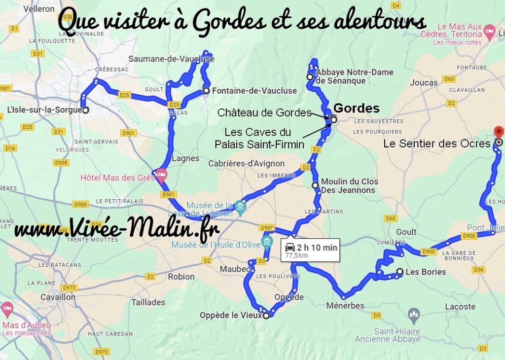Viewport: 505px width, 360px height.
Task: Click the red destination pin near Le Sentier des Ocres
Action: [x=499, y=132]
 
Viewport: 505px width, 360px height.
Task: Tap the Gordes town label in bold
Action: [x=357, y=108]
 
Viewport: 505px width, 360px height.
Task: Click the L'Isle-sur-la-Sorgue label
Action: [x=44, y=110]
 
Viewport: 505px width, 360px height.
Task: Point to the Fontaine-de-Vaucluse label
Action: [x=254, y=91]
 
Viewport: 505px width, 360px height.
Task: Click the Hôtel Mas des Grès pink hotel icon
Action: [x=161, y=174]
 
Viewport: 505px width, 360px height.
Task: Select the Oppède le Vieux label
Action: [x=230, y=315]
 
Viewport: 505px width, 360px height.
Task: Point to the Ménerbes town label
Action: [x=345, y=306]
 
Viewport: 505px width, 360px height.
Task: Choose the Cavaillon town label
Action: [x=58, y=297]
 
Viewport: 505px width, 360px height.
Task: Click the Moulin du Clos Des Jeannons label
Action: [x=350, y=186]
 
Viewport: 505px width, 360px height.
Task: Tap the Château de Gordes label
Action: [x=264, y=113]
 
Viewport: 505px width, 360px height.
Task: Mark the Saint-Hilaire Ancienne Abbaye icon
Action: [x=414, y=313]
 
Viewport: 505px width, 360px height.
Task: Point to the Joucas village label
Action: [x=424, y=82]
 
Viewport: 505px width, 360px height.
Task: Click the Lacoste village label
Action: [x=460, y=306]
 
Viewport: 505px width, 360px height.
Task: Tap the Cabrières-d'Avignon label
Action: [x=247, y=164]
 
